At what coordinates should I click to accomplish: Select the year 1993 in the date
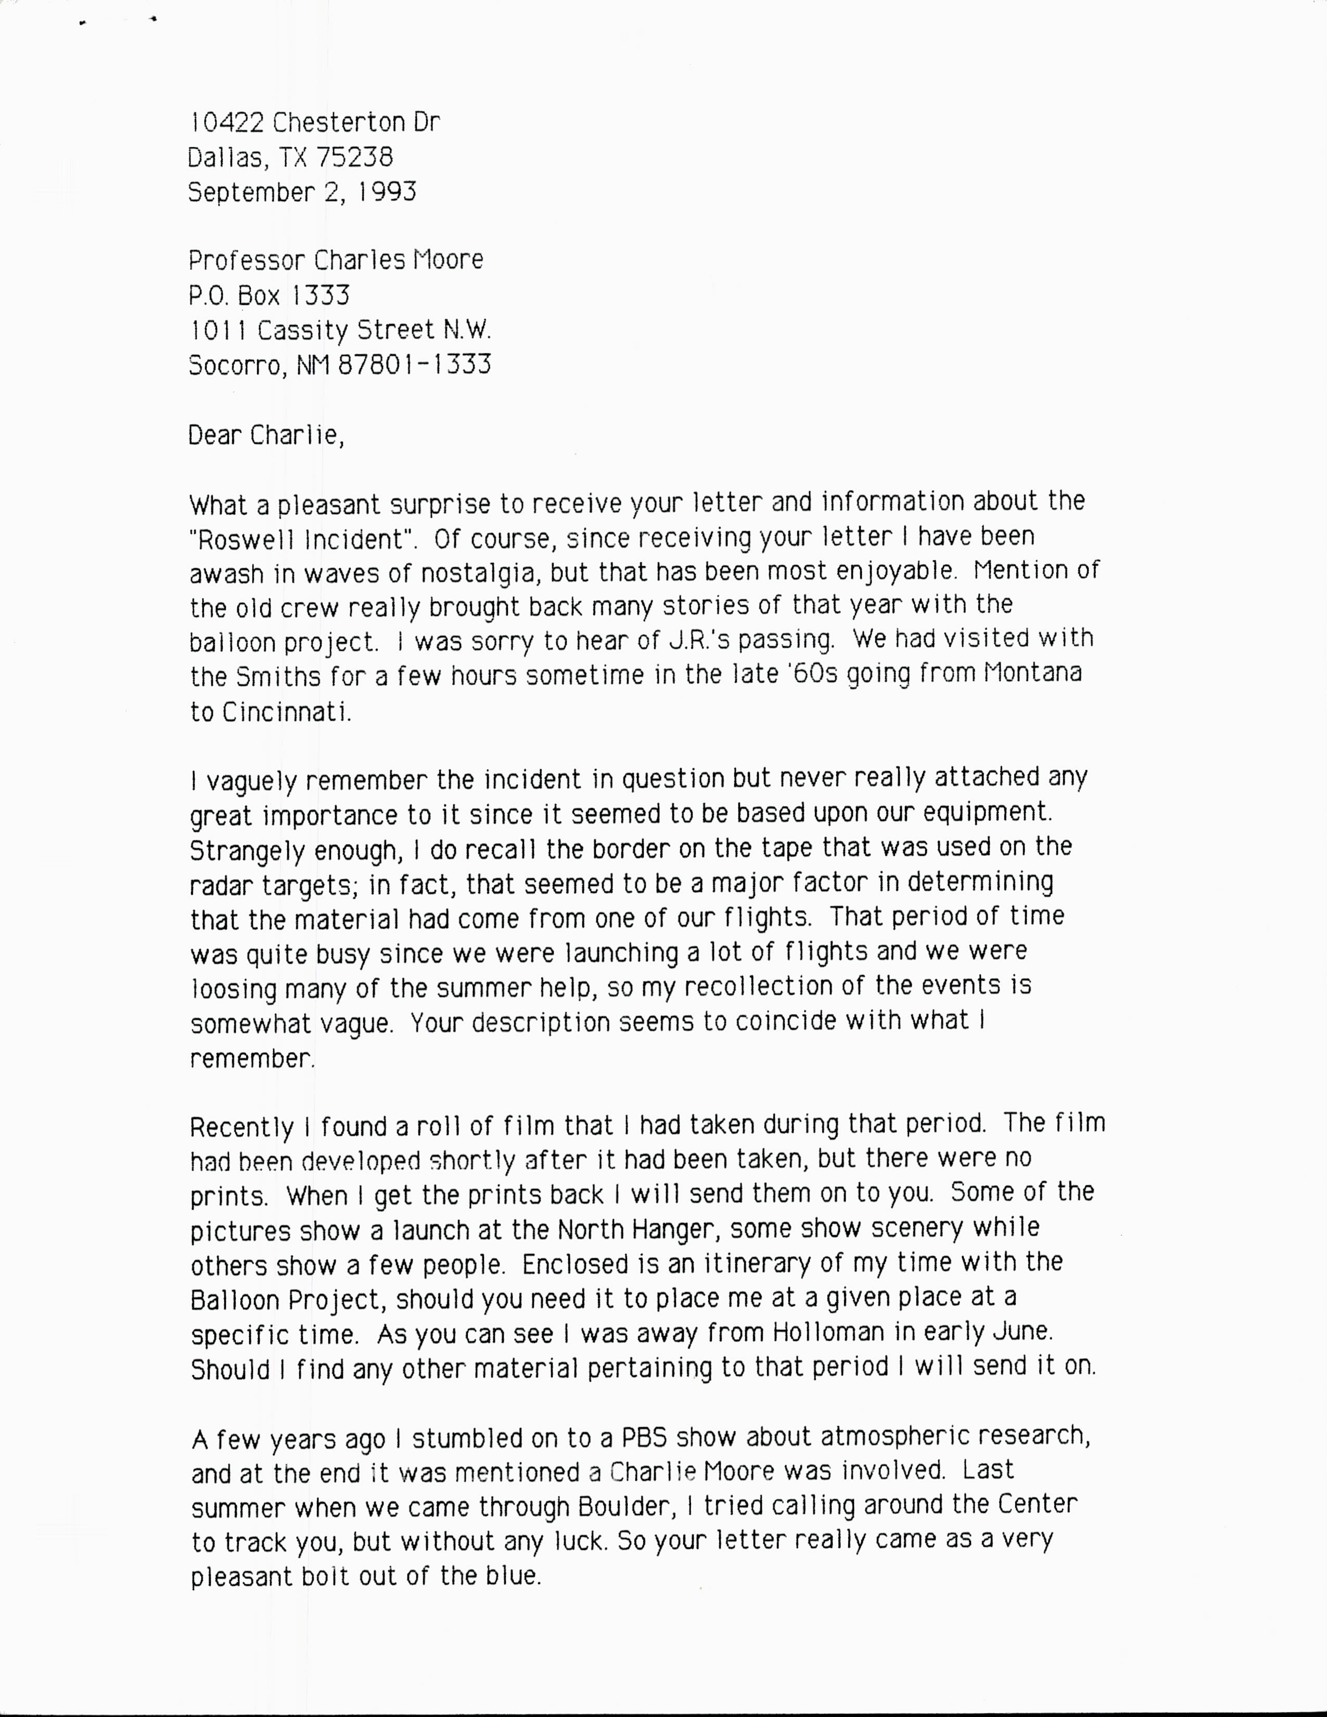click(387, 193)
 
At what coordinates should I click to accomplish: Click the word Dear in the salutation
click(214, 435)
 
